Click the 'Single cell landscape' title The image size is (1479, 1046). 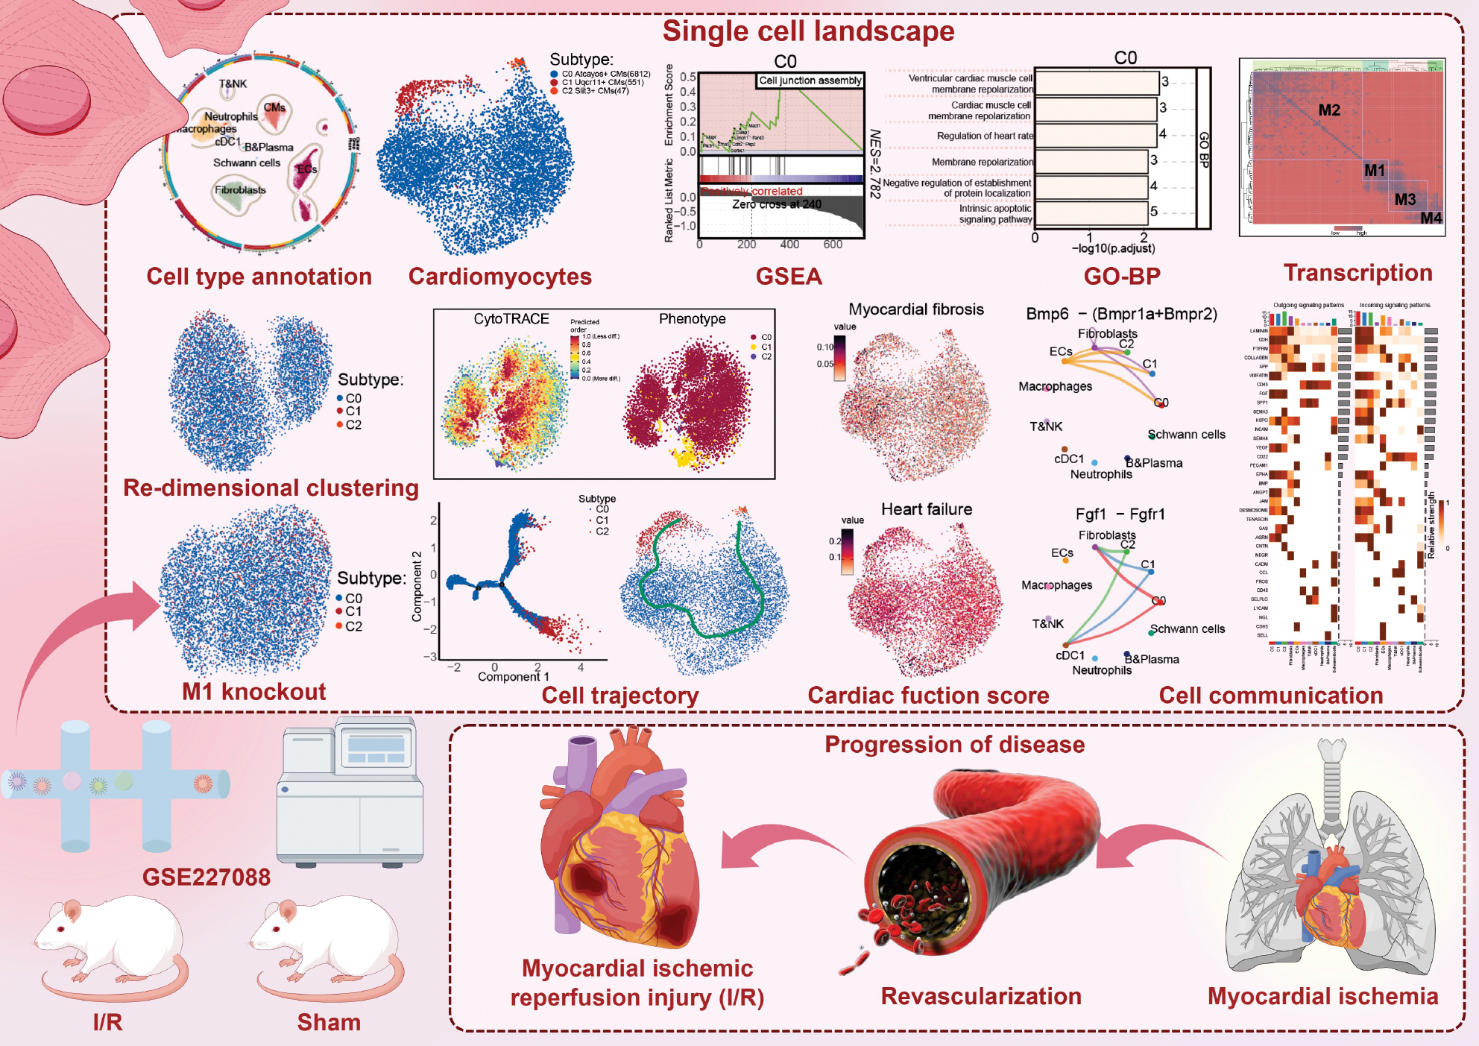[x=808, y=31]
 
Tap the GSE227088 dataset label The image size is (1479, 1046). [x=206, y=877]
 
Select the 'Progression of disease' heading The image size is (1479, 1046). [x=954, y=745]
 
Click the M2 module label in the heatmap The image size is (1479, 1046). [x=1328, y=110]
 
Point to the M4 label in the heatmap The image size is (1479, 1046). [x=1431, y=218]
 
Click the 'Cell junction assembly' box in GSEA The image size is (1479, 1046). [x=810, y=81]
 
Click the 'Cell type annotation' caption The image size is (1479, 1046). [x=259, y=277]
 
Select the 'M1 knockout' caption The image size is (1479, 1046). [x=253, y=692]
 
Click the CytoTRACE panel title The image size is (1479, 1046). [x=511, y=319]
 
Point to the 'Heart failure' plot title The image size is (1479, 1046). [x=927, y=509]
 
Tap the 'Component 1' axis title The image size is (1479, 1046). [x=513, y=677]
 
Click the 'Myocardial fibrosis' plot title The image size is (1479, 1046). [x=916, y=309]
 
